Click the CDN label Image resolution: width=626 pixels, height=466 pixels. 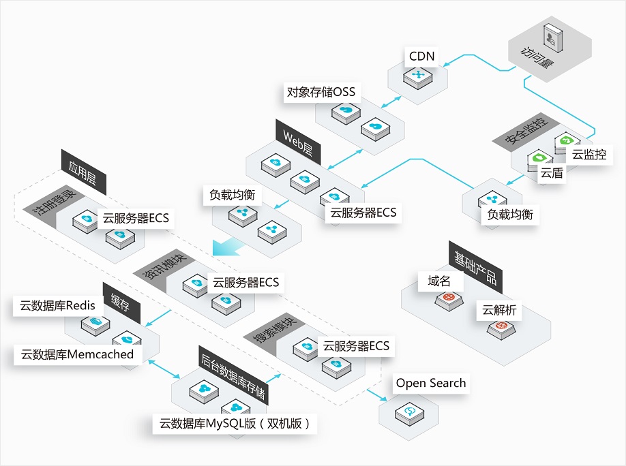421,55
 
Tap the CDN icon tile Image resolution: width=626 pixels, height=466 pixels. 414,75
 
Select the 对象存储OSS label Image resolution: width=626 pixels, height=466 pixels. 321,92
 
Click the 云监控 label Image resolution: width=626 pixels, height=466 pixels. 588,154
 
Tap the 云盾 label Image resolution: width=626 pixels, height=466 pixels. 552,173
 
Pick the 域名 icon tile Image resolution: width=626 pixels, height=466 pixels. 448,298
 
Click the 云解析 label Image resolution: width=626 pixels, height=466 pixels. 499,310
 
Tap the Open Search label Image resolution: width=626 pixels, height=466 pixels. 431,383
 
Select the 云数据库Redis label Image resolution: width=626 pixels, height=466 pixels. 59,306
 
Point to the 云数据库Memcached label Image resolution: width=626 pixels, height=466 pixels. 77,354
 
